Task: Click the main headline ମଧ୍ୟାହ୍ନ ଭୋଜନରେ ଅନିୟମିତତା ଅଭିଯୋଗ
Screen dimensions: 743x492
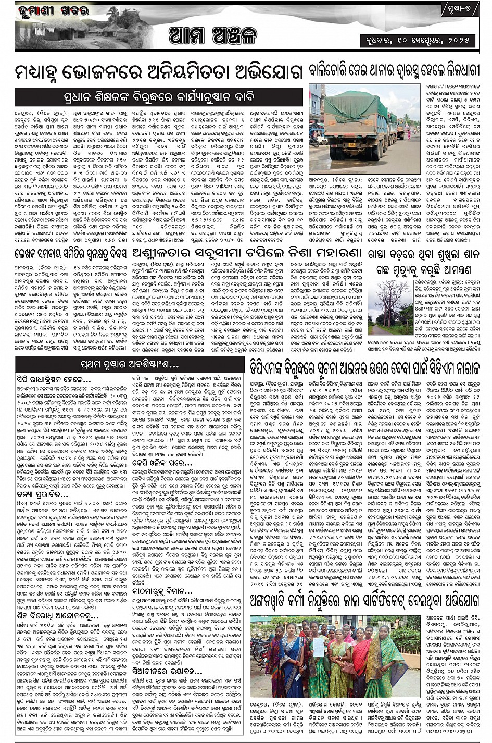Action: pyautogui.click(x=159, y=72)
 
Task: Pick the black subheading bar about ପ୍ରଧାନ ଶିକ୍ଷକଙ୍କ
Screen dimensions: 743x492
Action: pyautogui.click(x=159, y=96)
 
